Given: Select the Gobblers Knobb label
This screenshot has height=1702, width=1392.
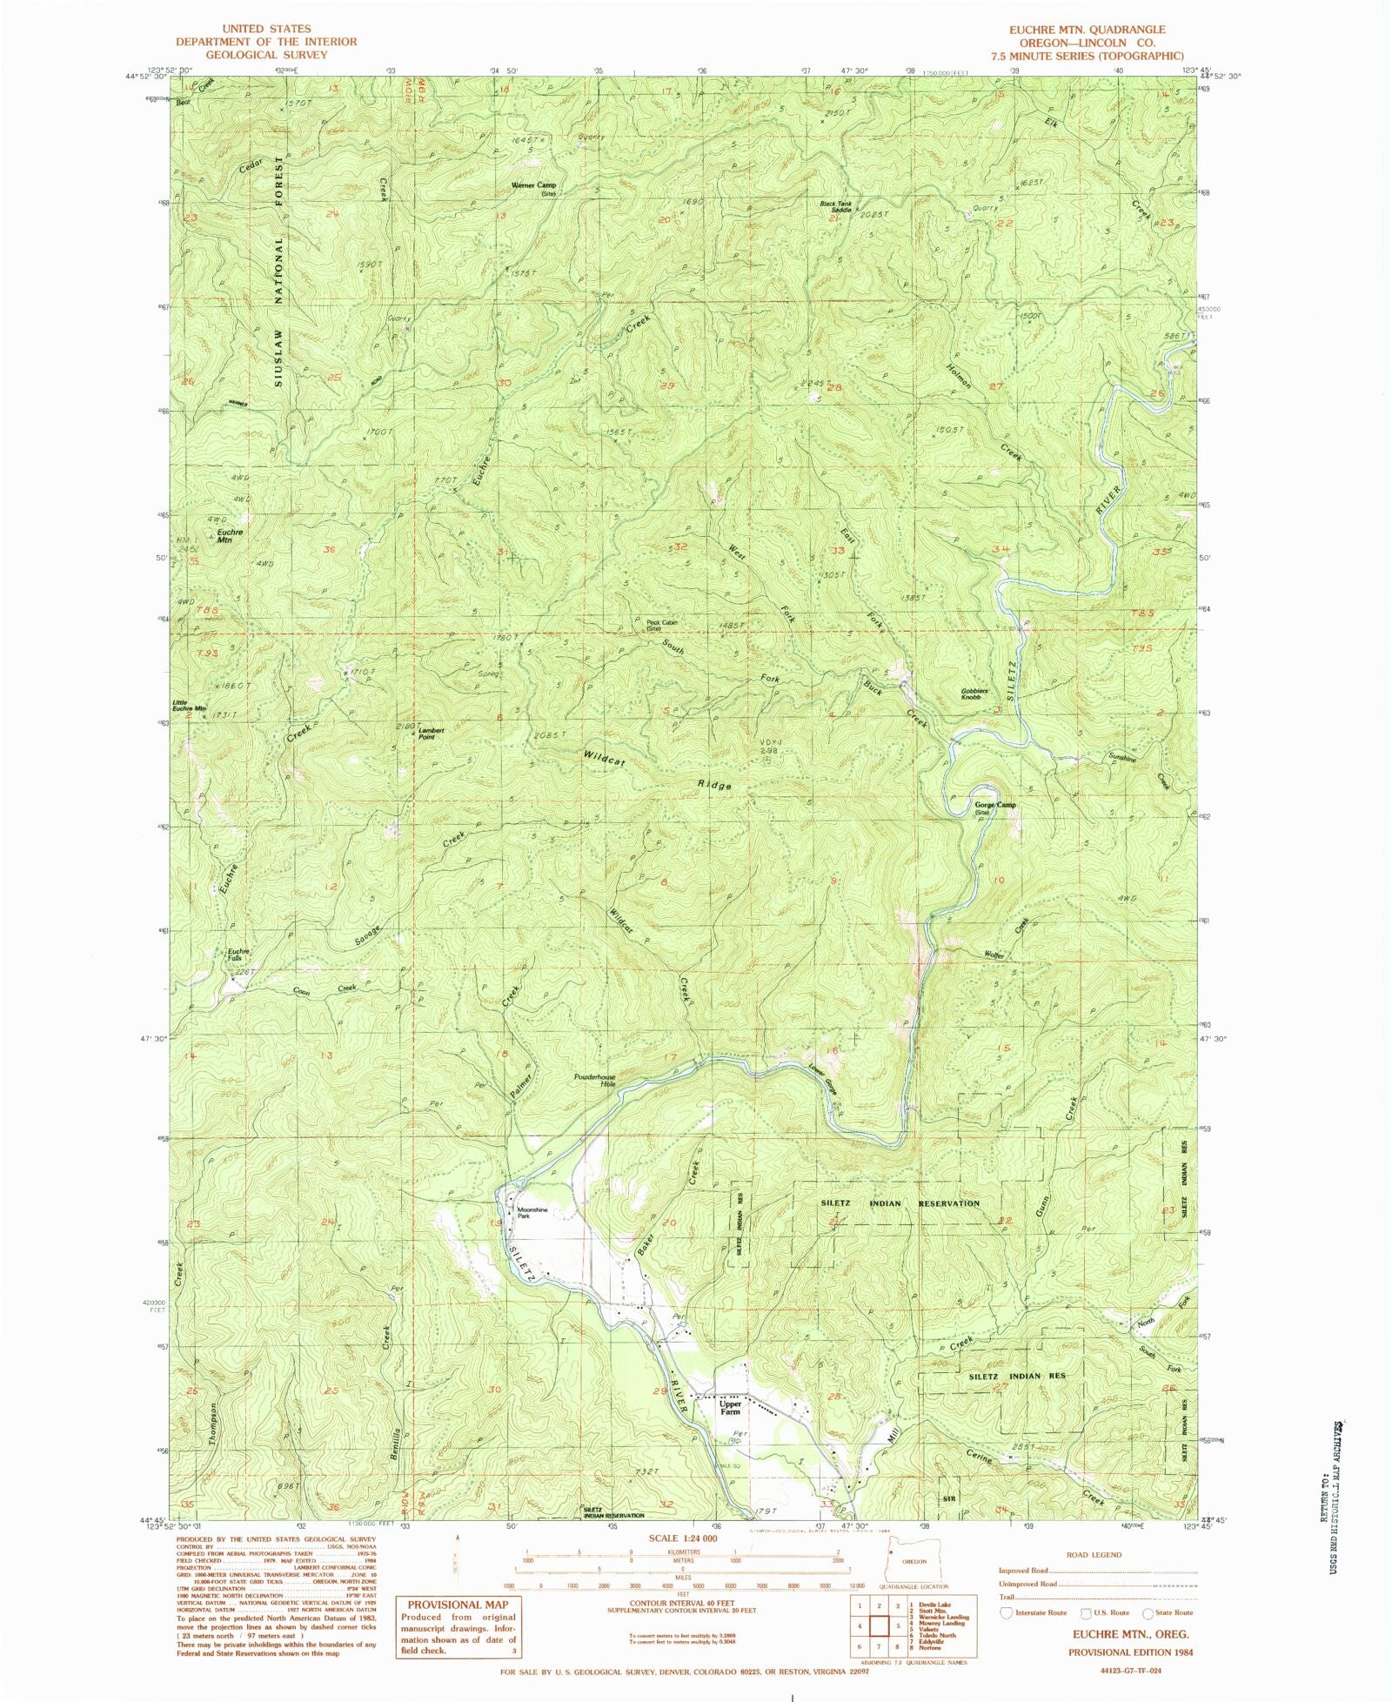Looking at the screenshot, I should click(x=971, y=694).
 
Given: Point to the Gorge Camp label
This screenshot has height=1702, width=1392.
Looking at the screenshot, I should click(x=994, y=807).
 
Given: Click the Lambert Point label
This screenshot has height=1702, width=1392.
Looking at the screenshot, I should click(x=432, y=733).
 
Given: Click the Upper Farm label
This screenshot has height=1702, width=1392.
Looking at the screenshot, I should click(x=729, y=1407).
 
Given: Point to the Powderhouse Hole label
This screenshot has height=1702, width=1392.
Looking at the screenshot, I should click(x=594, y=1080).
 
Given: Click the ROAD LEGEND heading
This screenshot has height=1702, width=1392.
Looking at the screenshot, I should click(x=1094, y=1554).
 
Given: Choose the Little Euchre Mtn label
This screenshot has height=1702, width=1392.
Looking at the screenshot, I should click(x=189, y=706).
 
